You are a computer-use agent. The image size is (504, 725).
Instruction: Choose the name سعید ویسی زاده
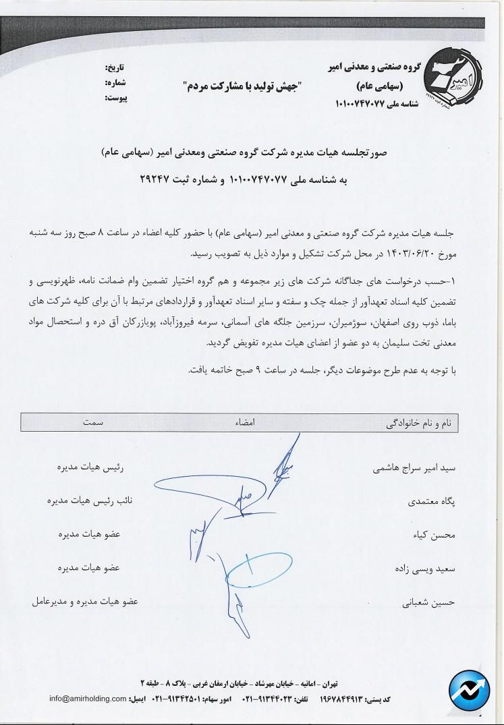point(424,569)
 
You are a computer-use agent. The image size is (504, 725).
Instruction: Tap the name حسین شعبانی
point(430,602)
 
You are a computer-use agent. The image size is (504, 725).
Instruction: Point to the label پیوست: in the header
point(115,98)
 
